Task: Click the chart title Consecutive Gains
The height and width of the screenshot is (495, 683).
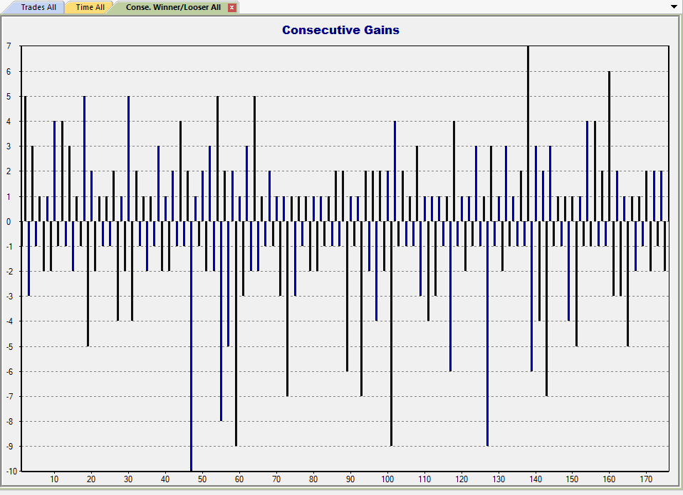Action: tap(340, 30)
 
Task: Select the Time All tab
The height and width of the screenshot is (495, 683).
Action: tap(90, 7)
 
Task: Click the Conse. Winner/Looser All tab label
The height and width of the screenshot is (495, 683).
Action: tap(173, 7)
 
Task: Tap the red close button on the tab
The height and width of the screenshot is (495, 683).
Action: tap(231, 7)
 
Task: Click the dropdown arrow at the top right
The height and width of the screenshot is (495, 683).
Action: tap(674, 6)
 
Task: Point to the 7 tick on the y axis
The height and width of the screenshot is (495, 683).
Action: tap(9, 46)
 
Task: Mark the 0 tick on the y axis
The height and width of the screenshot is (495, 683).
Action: tap(9, 221)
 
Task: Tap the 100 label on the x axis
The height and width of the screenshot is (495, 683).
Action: tap(387, 479)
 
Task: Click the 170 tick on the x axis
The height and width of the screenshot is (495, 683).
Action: tap(646, 479)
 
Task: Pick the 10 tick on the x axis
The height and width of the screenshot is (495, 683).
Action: tap(54, 479)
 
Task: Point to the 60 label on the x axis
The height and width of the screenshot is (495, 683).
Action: tap(239, 479)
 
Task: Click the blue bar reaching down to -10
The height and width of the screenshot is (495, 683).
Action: tap(191, 356)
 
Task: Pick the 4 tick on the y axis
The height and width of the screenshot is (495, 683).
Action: tap(9, 122)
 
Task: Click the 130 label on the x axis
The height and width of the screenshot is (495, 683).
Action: tap(499, 479)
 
